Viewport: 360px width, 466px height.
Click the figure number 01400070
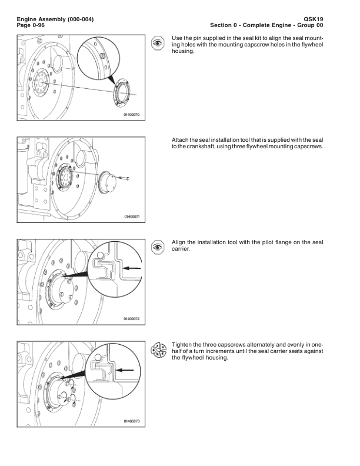point(131,114)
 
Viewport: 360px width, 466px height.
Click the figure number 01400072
point(131,319)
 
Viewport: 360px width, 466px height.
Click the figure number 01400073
point(131,421)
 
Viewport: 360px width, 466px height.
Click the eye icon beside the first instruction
point(158,42)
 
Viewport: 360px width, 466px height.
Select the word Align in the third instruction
point(178,242)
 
